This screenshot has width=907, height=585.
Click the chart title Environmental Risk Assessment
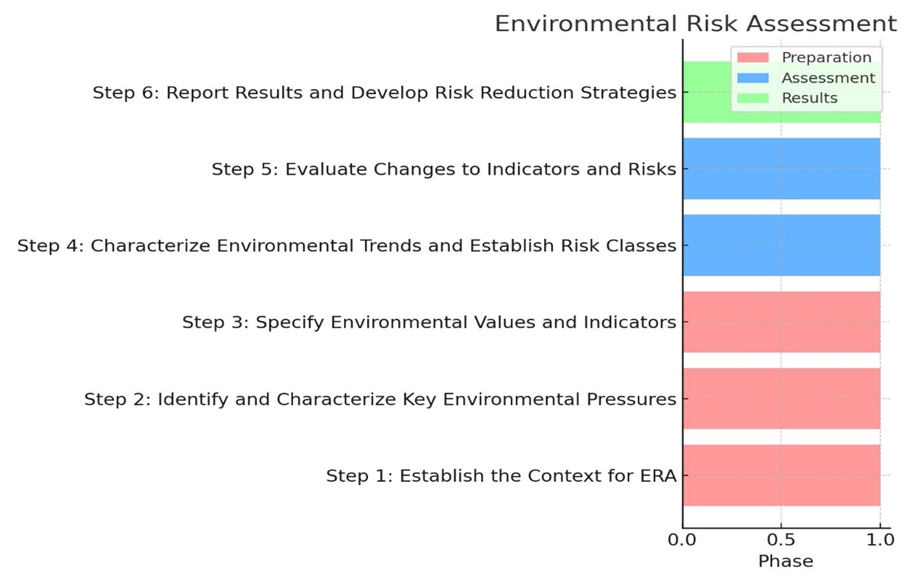[695, 24]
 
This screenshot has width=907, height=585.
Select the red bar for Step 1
[781, 475]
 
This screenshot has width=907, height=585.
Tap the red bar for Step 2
[781, 399]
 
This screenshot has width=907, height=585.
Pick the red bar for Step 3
[781, 322]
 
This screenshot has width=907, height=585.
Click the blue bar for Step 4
[781, 246]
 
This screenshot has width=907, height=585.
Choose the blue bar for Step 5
[781, 169]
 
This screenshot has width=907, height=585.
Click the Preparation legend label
[826, 58]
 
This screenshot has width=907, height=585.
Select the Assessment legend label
[828, 78]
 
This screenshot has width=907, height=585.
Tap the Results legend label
[809, 98]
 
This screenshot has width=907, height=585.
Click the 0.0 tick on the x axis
[682, 540]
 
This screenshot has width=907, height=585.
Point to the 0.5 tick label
[781, 540]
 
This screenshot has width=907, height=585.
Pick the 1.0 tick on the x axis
[880, 540]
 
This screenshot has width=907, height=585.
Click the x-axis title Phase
[785, 561]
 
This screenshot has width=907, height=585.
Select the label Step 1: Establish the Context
[501, 476]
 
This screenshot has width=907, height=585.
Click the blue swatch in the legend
[753, 78]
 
